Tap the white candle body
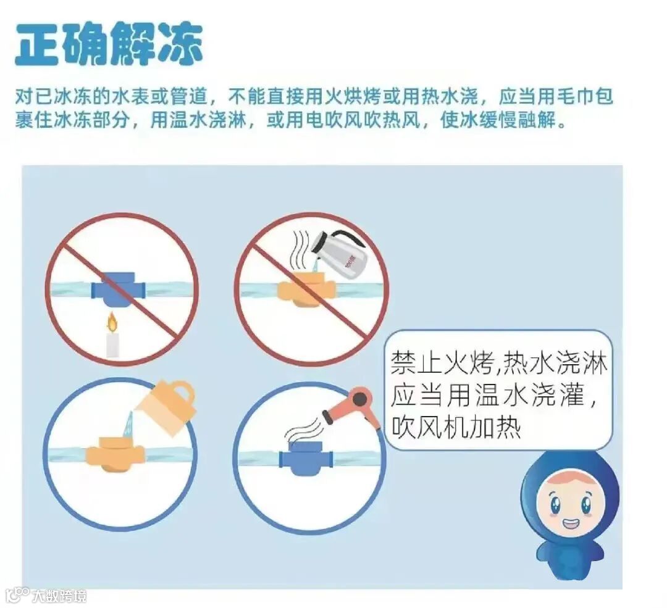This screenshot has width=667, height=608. [x=112, y=345]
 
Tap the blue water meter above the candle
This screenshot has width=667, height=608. [x=119, y=290]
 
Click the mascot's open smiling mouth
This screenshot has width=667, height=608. [x=570, y=523]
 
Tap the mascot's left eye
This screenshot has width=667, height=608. [x=555, y=505]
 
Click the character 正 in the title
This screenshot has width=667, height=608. [x=38, y=44]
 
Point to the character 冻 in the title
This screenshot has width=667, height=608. [x=180, y=44]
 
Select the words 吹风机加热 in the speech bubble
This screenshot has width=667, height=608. [x=456, y=427]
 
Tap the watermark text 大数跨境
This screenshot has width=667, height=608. [x=59, y=595]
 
